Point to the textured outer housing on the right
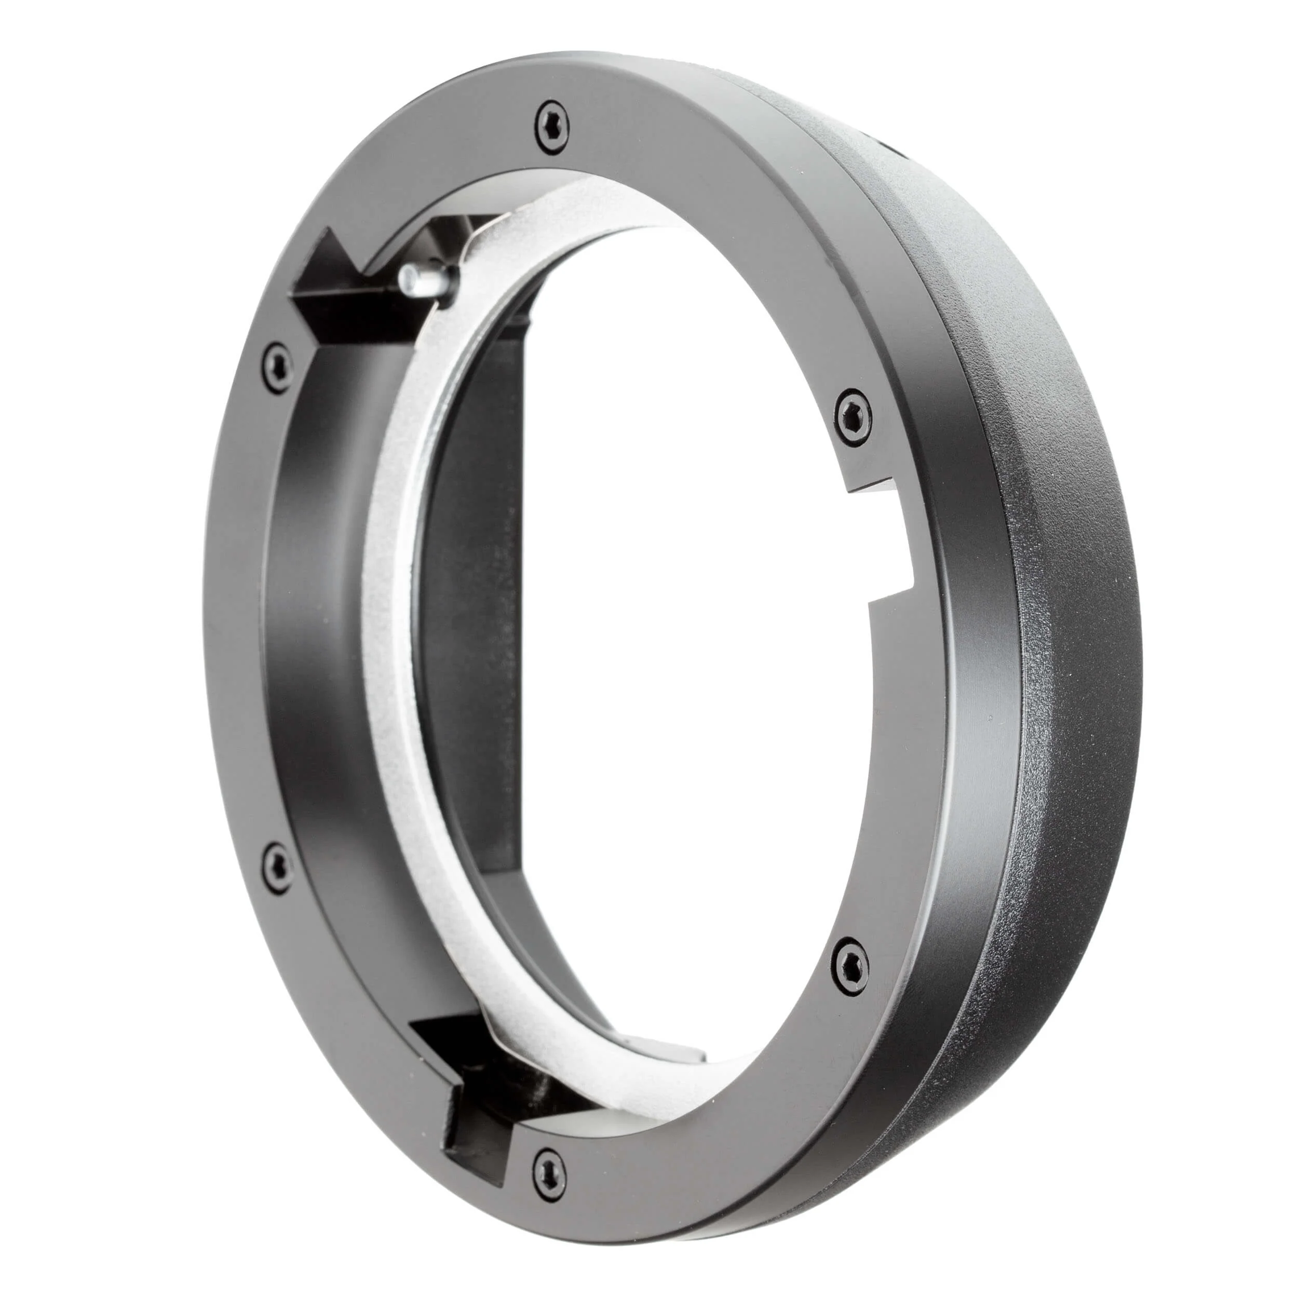(x=1075, y=672)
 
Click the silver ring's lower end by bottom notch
(x=497, y=1038)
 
